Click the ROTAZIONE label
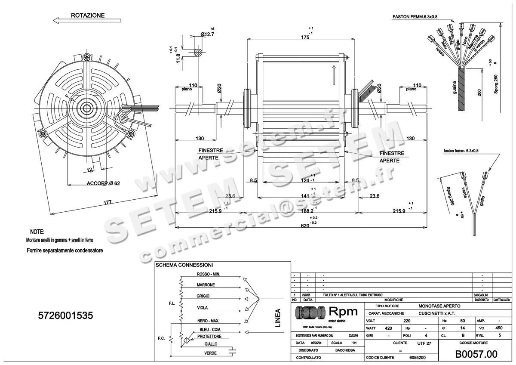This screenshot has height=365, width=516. (x=88, y=15)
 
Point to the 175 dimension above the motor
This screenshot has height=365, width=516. (x=305, y=37)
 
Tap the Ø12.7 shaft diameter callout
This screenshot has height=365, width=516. (x=207, y=34)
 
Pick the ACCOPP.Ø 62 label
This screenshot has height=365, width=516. (x=103, y=183)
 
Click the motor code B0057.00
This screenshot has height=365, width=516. (x=476, y=354)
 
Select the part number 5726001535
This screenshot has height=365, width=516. (x=65, y=316)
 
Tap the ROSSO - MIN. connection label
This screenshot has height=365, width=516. (x=209, y=274)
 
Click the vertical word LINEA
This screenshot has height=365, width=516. (x=277, y=318)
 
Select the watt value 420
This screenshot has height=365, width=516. (x=388, y=328)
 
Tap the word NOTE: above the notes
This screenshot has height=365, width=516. (x=37, y=232)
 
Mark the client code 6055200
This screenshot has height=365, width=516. (x=417, y=358)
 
